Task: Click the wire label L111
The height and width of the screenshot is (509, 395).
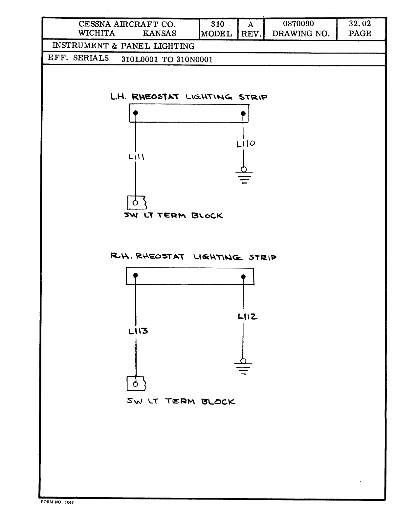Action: tap(136, 157)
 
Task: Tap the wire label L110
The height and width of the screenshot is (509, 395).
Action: tap(246, 144)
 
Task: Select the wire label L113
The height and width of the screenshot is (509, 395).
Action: tap(138, 331)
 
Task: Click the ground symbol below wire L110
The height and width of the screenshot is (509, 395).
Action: tap(244, 176)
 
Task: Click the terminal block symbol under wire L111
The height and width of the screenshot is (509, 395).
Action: tap(136, 202)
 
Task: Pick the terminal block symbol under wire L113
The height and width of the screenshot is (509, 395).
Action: tap(136, 383)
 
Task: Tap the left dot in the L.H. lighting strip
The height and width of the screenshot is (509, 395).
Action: tap(136, 113)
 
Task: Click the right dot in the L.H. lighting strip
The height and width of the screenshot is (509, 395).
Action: tap(243, 114)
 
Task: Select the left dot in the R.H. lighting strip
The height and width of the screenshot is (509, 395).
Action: tap(136, 275)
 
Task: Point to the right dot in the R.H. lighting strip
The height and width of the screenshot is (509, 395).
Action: tap(243, 277)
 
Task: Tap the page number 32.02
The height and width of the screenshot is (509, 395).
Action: tap(360, 24)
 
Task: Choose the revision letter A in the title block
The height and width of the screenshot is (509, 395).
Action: tap(250, 25)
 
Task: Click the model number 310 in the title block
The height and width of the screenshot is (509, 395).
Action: tap(217, 24)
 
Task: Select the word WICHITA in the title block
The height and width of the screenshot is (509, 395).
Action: tap(96, 33)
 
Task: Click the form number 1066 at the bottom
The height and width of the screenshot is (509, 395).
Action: tap(69, 502)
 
